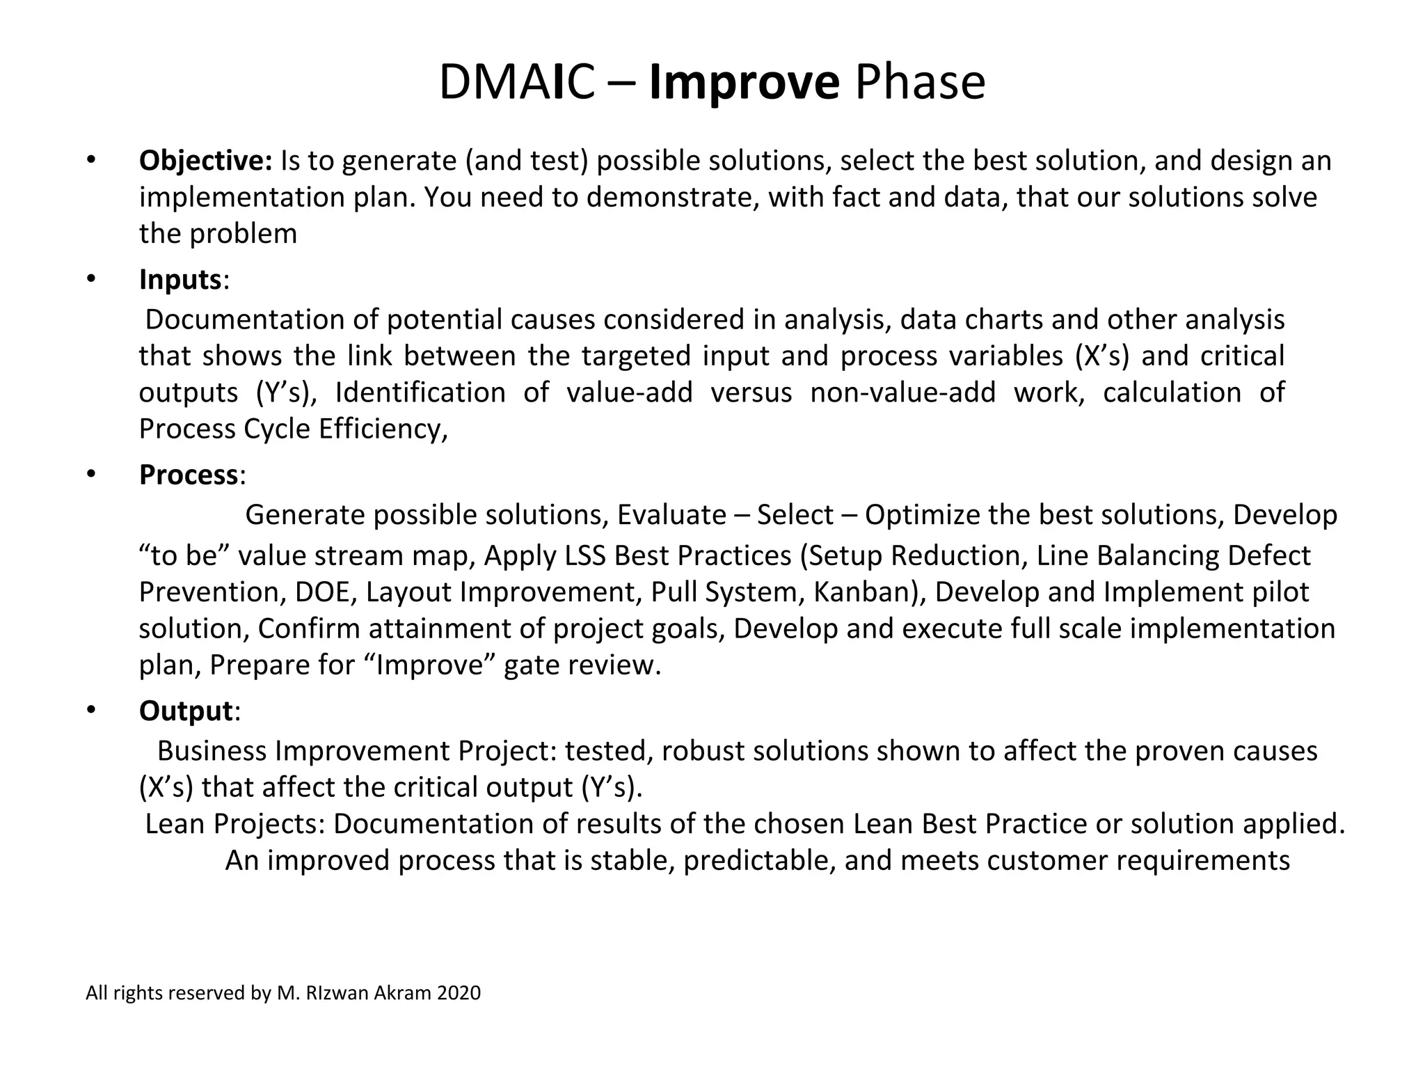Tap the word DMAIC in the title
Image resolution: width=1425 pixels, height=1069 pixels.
tap(516, 82)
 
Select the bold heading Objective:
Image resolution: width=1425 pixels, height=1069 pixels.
tap(205, 161)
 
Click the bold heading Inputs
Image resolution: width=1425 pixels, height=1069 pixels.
tap(180, 280)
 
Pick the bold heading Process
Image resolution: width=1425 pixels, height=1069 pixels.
tap(189, 475)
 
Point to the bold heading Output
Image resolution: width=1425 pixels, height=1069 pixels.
tap(185, 711)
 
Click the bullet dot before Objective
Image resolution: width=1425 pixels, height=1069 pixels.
tap(90, 161)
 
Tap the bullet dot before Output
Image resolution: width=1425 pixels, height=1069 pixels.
tap(90, 711)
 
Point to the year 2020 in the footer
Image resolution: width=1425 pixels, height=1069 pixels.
tap(459, 993)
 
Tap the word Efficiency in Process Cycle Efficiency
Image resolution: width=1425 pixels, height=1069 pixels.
tap(383, 429)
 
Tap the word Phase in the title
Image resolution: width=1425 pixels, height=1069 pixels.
tap(920, 82)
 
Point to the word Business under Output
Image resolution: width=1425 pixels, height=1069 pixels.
tap(212, 752)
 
